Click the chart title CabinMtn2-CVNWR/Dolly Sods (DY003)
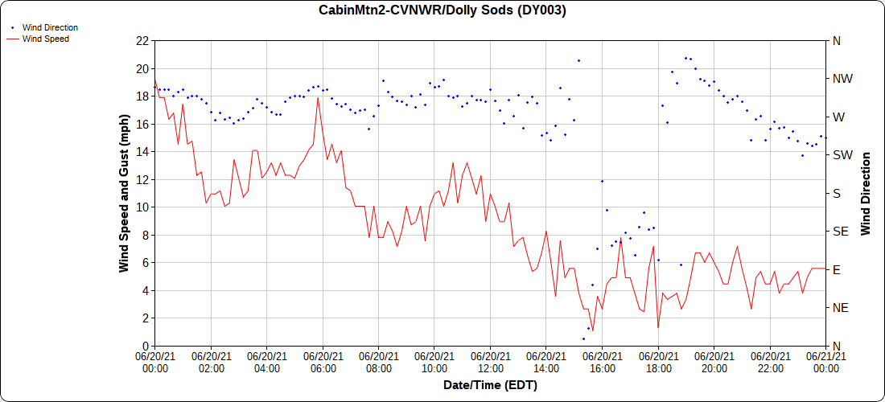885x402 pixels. click(x=442, y=10)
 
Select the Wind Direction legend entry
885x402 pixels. click(x=49, y=27)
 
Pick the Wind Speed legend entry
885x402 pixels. click(x=45, y=38)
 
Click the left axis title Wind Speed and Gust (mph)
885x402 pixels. click(x=124, y=193)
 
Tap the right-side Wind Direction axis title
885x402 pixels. click(x=866, y=193)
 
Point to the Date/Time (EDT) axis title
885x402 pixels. click(x=490, y=385)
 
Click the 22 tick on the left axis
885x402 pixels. click(x=142, y=40)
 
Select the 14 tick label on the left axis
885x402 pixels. click(x=142, y=151)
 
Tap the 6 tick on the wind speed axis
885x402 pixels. click(x=145, y=263)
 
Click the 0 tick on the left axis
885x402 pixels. click(x=145, y=346)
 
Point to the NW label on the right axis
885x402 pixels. click(x=842, y=79)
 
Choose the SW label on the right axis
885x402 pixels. click(x=841, y=155)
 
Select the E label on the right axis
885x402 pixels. click(x=836, y=269)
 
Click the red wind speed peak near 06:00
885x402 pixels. click(x=319, y=97)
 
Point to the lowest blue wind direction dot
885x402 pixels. click(x=583, y=338)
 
